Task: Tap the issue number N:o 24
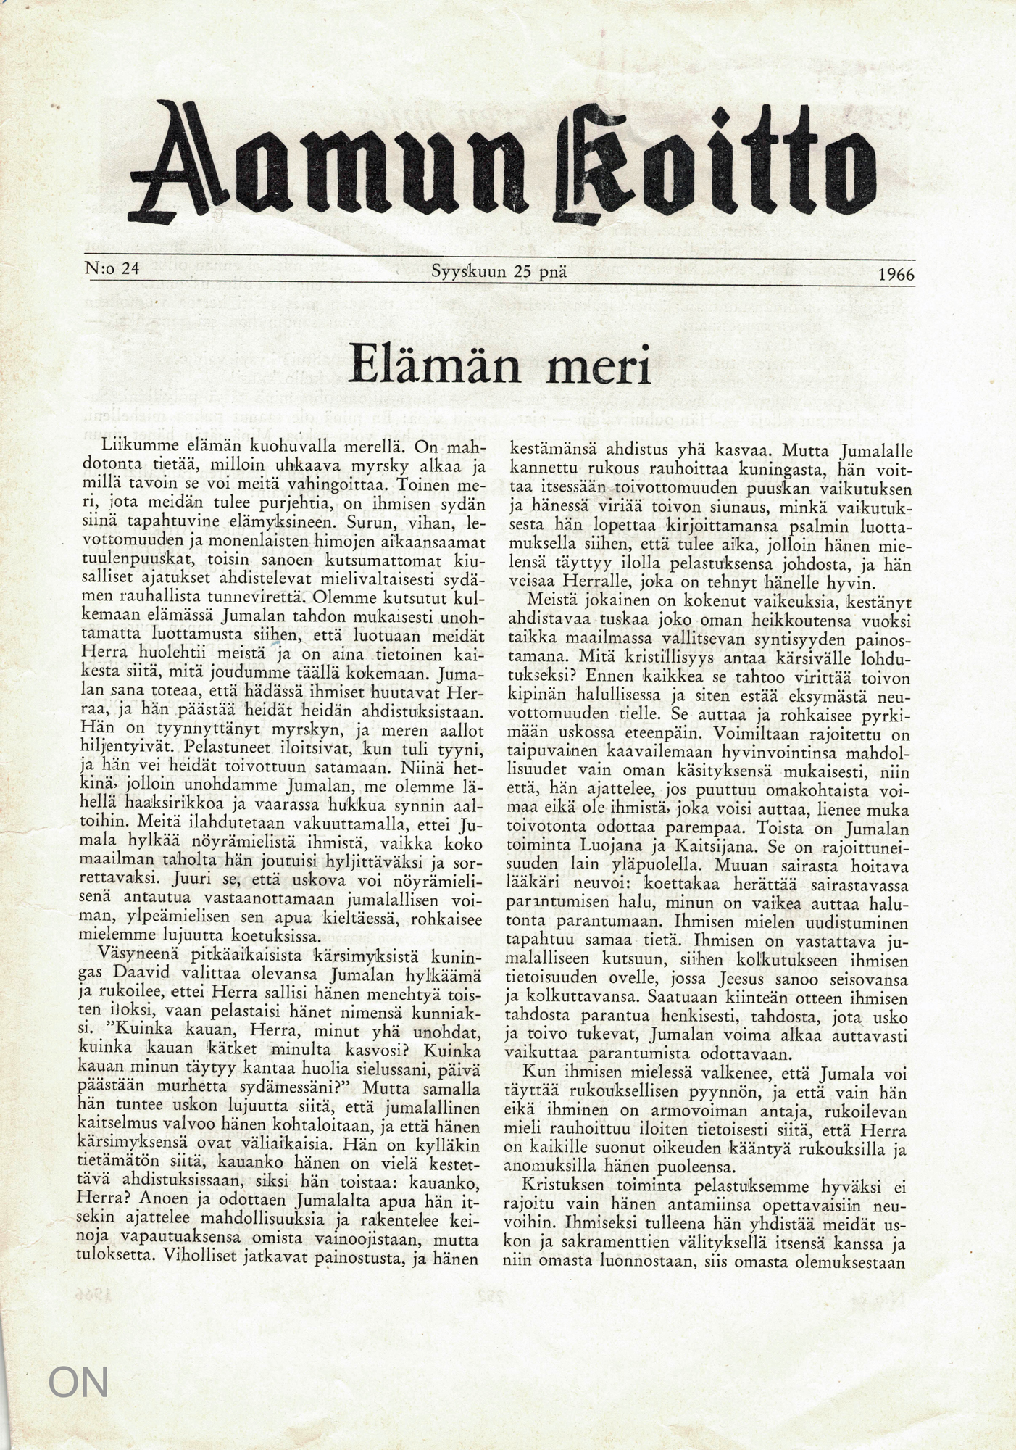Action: coord(112,270)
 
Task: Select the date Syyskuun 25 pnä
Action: coord(499,273)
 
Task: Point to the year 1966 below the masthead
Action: coord(896,275)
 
